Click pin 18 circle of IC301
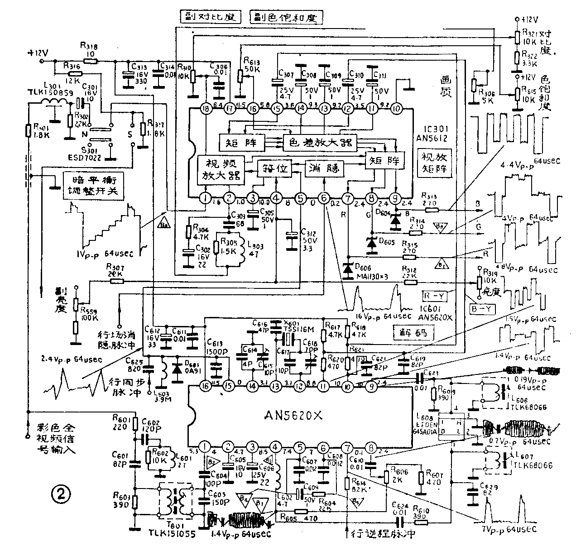pyautogui.click(x=206, y=109)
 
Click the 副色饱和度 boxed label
pyautogui.click(x=287, y=17)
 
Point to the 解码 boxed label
pyautogui.click(x=413, y=334)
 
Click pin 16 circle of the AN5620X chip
pyautogui.click(x=206, y=385)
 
